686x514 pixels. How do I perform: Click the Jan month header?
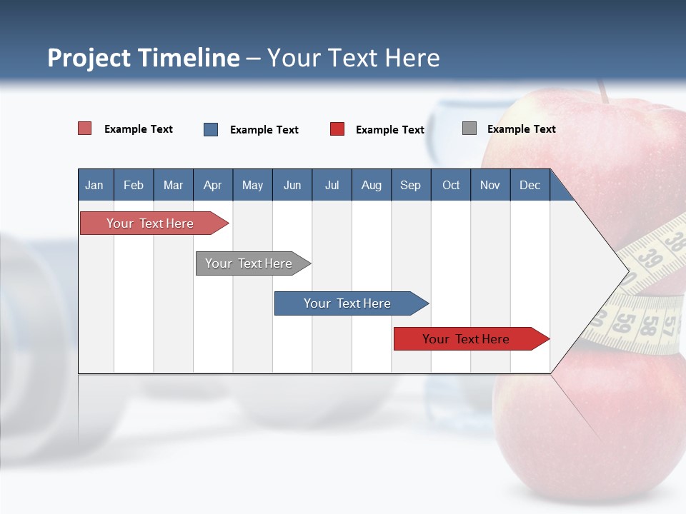94,186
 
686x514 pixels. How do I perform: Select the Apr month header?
212,186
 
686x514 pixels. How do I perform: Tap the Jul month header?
332,186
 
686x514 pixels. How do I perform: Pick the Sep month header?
410,186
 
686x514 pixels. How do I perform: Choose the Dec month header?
530,186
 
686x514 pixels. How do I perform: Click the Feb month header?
134,186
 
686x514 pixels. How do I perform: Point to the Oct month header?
451,186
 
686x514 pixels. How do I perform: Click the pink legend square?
84,128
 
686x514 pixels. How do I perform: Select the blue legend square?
211,129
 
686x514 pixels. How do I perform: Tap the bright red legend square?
337,129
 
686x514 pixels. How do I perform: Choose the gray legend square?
469,128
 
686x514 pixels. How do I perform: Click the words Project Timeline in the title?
144,58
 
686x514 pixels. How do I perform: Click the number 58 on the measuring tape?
648,325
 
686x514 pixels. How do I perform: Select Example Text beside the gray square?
521,129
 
